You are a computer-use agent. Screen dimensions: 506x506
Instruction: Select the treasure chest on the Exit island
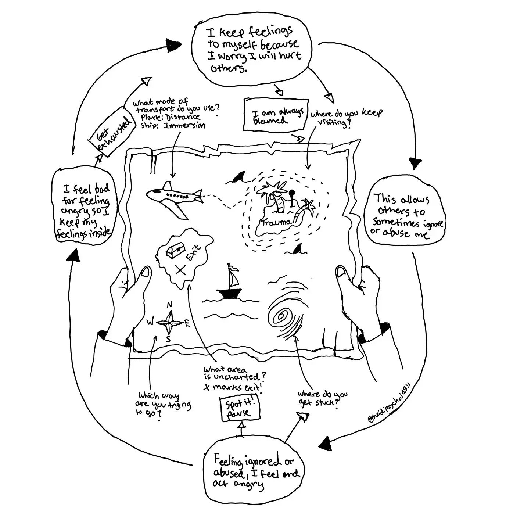point(175,251)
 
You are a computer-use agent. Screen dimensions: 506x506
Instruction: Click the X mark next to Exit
point(180,270)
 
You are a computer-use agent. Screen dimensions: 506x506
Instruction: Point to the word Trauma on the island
point(277,222)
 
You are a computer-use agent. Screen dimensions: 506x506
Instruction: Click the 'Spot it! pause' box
point(240,409)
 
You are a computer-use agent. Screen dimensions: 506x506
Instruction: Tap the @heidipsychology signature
point(390,403)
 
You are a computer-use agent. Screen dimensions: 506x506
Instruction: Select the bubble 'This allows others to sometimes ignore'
point(403,214)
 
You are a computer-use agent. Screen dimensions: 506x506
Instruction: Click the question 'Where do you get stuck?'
point(322,398)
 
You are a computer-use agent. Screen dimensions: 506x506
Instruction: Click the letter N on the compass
point(169,305)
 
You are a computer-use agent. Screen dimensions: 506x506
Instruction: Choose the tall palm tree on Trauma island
point(274,197)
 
